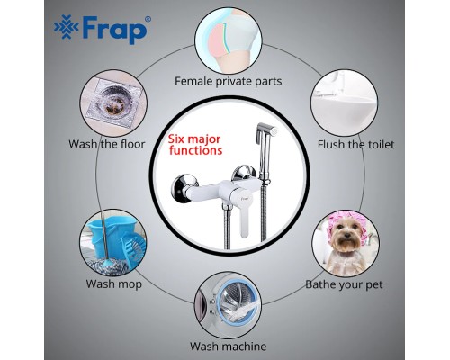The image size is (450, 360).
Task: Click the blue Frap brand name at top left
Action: point(114,30)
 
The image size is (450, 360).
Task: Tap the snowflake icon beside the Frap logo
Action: point(67,28)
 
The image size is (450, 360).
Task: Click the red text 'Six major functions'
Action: point(195,145)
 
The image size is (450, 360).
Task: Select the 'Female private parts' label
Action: point(229,81)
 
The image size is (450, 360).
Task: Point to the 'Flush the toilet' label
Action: point(355,145)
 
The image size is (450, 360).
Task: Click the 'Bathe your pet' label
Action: point(344,284)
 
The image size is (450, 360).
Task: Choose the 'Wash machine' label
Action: point(229,346)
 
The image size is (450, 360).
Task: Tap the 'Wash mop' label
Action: point(113,283)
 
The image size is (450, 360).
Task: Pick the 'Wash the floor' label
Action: point(107,144)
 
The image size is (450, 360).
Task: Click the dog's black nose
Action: point(346,236)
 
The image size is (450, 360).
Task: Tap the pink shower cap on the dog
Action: point(345,219)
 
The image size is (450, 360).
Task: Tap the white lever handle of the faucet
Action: point(245,214)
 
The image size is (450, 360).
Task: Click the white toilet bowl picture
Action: point(344,103)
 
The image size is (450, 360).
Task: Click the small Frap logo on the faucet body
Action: point(245,198)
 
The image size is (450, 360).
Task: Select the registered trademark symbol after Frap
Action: point(148,20)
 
